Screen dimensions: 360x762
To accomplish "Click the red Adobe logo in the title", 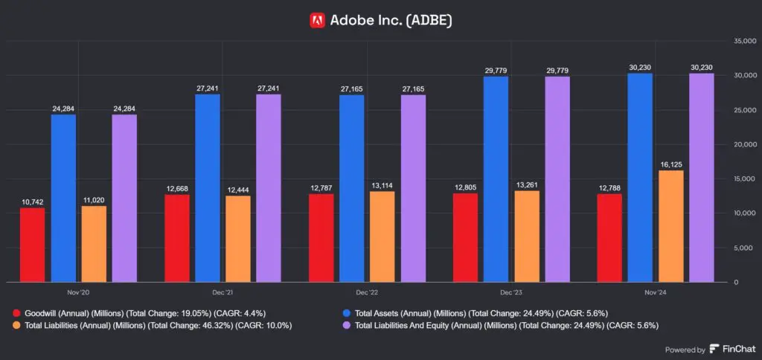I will click(x=317, y=20).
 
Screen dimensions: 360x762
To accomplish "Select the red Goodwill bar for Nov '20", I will click(x=32, y=245).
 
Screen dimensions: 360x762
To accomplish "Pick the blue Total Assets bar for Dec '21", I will click(x=207, y=188).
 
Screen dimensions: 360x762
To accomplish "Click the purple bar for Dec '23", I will click(x=557, y=179).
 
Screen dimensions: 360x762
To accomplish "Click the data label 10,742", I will click(x=32, y=202).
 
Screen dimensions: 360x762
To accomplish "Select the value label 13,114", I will click(x=382, y=185).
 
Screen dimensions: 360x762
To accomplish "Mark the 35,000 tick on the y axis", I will click(x=744, y=41).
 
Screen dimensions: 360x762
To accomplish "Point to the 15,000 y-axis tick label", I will click(x=744, y=179).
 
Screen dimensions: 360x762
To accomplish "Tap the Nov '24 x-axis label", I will click(x=654, y=294).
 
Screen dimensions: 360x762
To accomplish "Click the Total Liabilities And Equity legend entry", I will click(x=506, y=325).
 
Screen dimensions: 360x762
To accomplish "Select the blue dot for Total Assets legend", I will click(x=347, y=313).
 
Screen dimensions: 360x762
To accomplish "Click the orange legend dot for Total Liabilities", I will click(x=17, y=325).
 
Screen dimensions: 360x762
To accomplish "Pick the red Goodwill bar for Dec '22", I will click(x=321, y=238).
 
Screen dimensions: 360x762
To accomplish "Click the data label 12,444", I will click(x=237, y=190).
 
